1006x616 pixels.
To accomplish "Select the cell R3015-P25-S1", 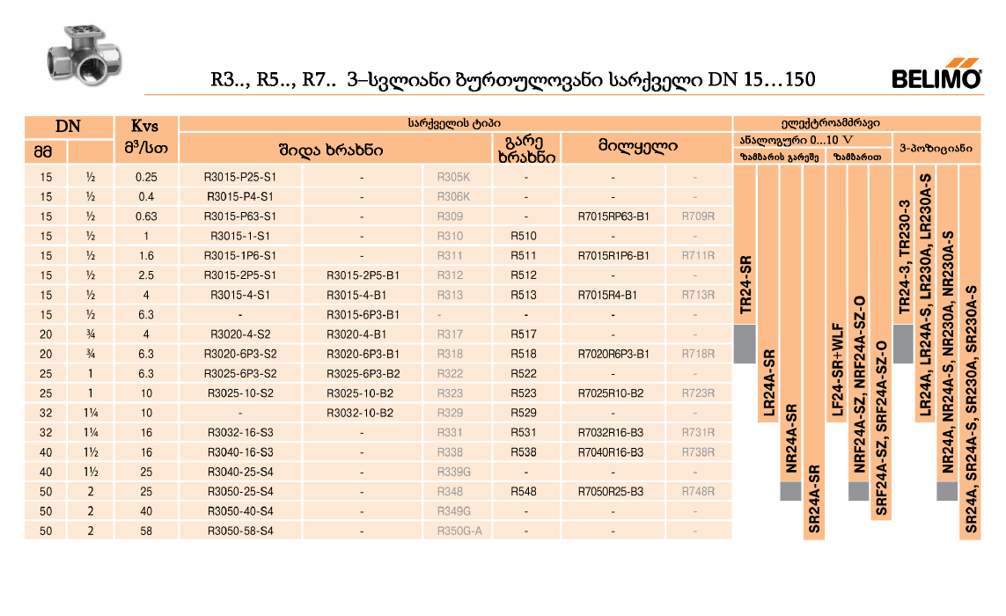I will click(x=240, y=177).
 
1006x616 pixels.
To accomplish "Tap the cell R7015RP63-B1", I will click(x=613, y=216).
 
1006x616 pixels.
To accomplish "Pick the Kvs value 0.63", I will click(x=146, y=216).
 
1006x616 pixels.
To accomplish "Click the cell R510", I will click(x=525, y=236).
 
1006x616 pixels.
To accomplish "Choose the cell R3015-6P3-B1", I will click(x=363, y=315).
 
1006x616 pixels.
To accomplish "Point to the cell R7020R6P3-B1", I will click(x=613, y=354).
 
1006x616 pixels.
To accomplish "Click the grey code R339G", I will click(x=454, y=472).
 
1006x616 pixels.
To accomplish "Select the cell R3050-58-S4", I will click(x=240, y=531).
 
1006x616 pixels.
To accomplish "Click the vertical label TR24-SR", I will click(x=745, y=286).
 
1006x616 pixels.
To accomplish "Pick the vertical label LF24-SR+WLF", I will click(x=837, y=370).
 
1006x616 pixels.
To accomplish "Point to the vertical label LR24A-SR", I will click(x=768, y=384).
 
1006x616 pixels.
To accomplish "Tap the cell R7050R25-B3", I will click(x=613, y=491).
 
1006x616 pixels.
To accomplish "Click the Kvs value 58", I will click(x=146, y=531).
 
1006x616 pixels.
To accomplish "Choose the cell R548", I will click(x=525, y=491).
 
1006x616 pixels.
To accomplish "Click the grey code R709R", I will click(x=698, y=216).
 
